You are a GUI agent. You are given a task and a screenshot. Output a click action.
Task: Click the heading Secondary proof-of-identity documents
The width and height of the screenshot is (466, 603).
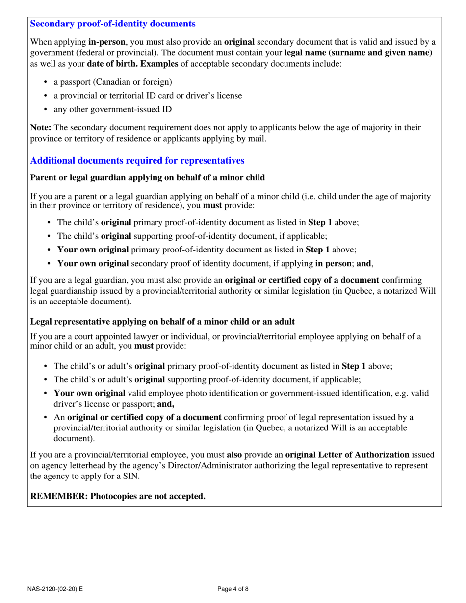tap(113, 24)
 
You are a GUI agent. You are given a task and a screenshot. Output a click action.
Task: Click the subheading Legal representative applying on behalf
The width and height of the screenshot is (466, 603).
tap(162, 322)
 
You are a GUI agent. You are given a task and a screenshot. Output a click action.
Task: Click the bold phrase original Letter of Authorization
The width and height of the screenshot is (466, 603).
tap(347, 454)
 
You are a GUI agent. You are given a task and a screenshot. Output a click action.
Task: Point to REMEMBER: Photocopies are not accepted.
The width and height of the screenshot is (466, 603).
tap(118, 496)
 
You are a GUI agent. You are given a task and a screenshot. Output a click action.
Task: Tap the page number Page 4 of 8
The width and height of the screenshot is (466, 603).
tap(233, 589)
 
